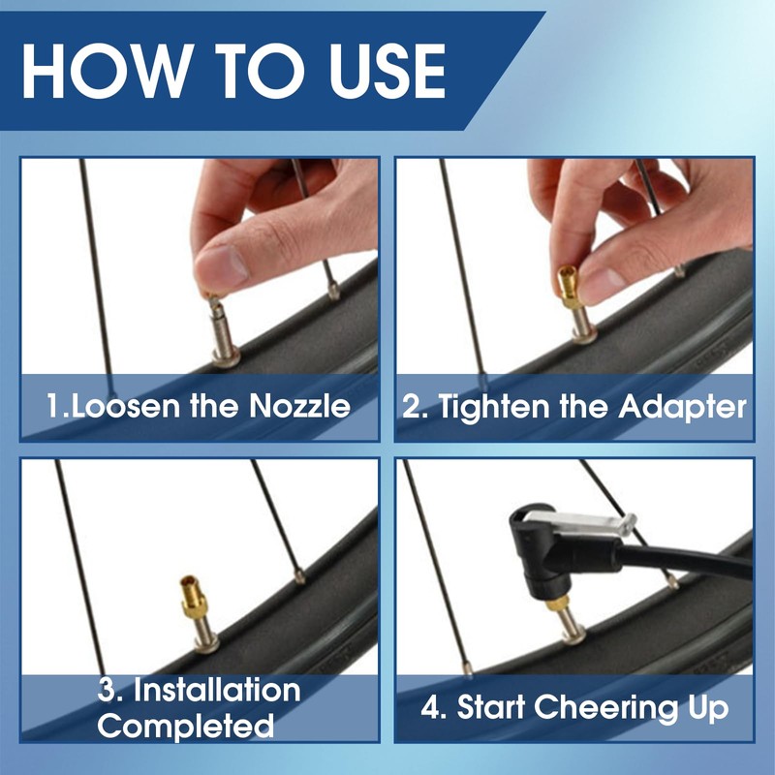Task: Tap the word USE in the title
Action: click(x=388, y=71)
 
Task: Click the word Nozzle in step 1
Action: click(x=299, y=406)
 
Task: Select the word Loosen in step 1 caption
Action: click(x=125, y=406)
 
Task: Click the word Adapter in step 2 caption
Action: click(x=682, y=407)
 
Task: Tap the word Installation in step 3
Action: click(x=217, y=690)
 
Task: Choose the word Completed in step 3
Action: click(x=185, y=725)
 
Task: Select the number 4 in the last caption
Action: click(x=429, y=707)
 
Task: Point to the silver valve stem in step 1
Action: click(x=224, y=331)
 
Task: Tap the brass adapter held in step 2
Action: click(x=571, y=287)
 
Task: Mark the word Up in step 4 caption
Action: click(x=708, y=709)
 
